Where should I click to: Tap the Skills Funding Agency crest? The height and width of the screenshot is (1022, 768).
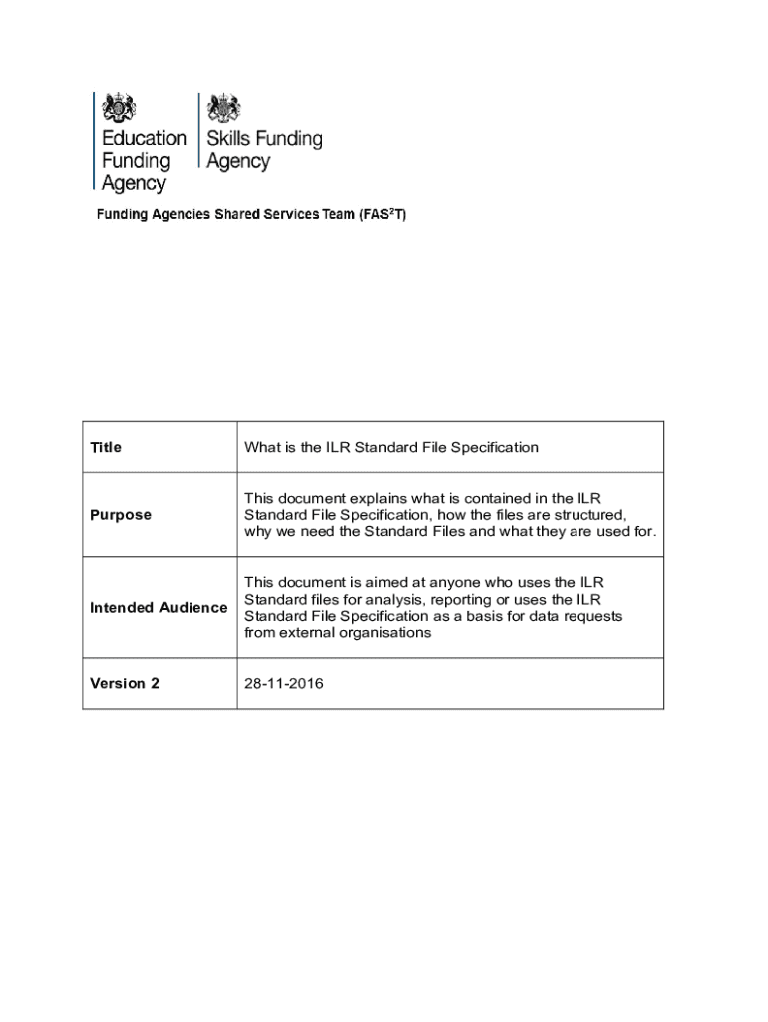click(x=224, y=108)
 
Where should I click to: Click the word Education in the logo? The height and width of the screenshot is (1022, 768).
click(x=144, y=139)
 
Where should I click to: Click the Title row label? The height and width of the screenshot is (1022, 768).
click(x=106, y=448)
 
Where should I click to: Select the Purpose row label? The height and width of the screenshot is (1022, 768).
click(x=121, y=515)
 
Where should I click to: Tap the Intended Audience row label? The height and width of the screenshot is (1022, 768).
click(x=159, y=608)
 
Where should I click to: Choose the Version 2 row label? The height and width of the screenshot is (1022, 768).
click(x=125, y=684)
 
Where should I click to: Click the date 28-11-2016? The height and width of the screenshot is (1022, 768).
click(x=284, y=684)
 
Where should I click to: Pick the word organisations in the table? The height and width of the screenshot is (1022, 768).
click(x=385, y=633)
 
